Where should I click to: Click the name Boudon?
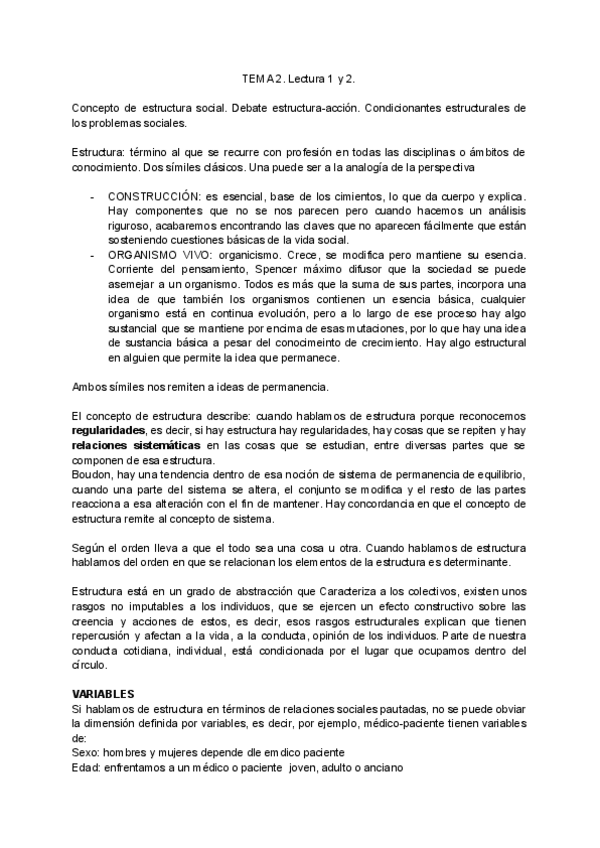92,473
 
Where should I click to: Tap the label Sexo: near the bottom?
88,752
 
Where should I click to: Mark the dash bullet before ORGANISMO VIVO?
92,255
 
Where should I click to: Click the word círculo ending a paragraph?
89,665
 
